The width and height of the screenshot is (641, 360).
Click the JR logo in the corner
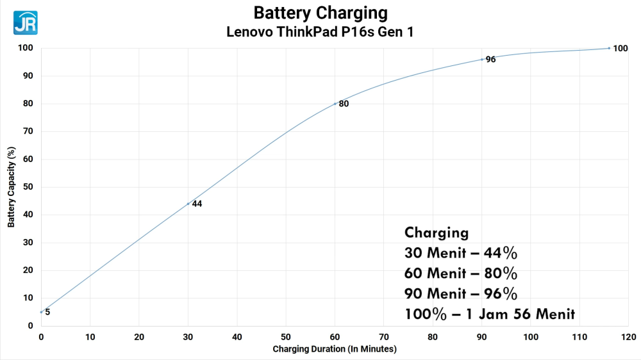tap(25, 22)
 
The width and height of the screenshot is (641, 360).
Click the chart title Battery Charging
tap(320, 13)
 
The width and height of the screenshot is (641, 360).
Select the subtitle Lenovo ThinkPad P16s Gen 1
tap(320, 31)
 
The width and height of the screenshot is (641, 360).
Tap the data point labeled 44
tap(188, 204)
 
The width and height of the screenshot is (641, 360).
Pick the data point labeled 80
tap(335, 104)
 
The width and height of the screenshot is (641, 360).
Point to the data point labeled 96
tap(482, 60)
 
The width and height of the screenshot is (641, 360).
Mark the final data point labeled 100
tap(609, 48)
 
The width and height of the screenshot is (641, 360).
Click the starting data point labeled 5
tap(41, 312)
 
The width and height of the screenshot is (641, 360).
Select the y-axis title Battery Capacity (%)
tap(11, 187)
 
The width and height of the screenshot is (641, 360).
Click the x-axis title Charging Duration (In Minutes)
tap(335, 349)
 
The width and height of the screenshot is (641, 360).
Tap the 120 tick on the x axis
tap(628, 336)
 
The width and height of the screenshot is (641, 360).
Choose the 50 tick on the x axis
tap(286, 336)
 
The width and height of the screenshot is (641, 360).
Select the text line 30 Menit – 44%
tap(460, 253)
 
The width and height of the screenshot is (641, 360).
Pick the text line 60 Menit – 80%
tap(460, 274)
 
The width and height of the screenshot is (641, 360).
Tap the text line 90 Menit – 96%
tap(460, 294)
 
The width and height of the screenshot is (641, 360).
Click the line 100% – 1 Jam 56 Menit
tap(490, 315)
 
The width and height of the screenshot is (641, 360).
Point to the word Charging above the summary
tap(437, 233)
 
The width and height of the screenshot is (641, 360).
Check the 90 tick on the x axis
tap(482, 336)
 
